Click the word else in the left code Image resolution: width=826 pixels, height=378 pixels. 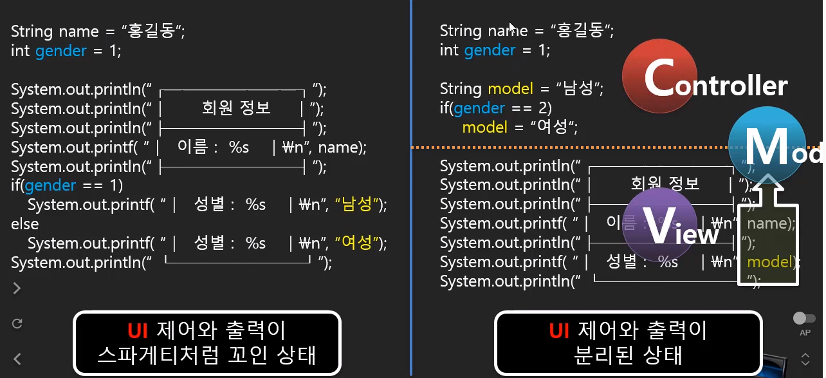tap(24, 224)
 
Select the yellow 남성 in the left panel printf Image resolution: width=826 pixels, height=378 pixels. tap(358, 205)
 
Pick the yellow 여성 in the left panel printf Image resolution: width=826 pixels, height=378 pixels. tap(358, 243)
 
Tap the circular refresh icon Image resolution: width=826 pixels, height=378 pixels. tap(17, 323)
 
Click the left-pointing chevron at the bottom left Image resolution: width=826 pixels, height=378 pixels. tap(17, 359)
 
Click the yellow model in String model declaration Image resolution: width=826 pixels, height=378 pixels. tap(511, 88)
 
